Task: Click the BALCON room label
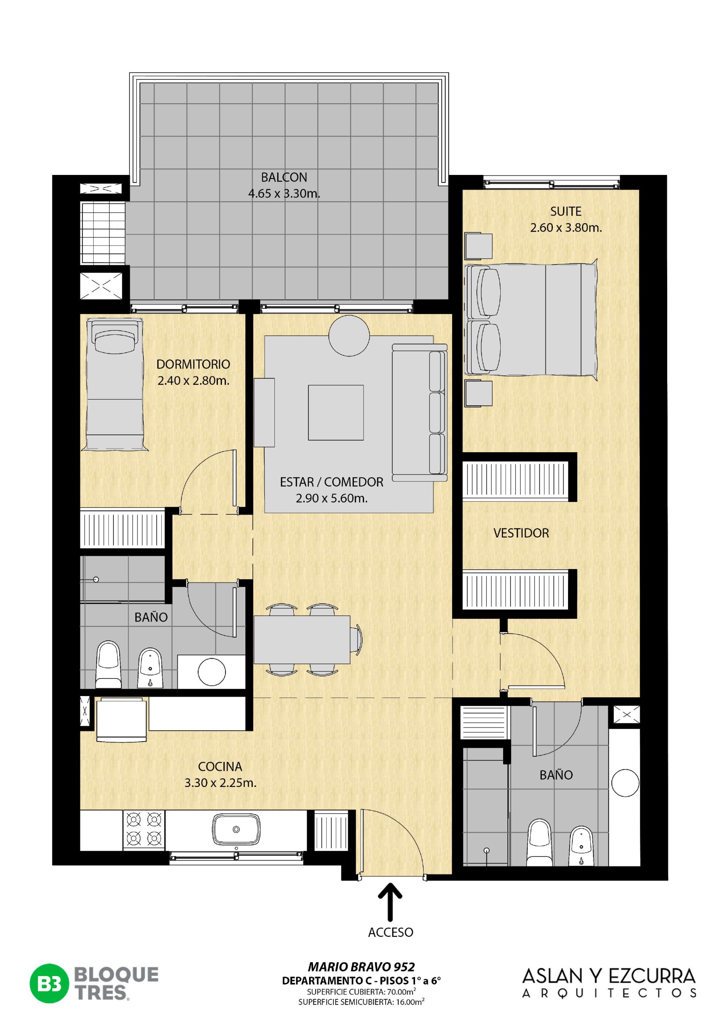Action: tap(284, 177)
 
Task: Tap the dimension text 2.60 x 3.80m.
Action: tap(566, 228)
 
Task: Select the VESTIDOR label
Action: tap(521, 533)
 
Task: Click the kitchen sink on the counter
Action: tap(236, 830)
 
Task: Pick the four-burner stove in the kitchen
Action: tap(143, 829)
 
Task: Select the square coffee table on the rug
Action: tap(336, 413)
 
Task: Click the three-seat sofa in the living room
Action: tap(420, 413)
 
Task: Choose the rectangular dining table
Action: tap(302, 640)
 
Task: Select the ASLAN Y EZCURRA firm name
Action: tap(609, 977)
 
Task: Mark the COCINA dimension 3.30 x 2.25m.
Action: tap(220, 783)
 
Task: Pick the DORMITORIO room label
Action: tap(193, 364)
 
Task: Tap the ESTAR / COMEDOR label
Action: tap(331, 482)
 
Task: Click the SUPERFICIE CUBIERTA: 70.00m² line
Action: tap(361, 992)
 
